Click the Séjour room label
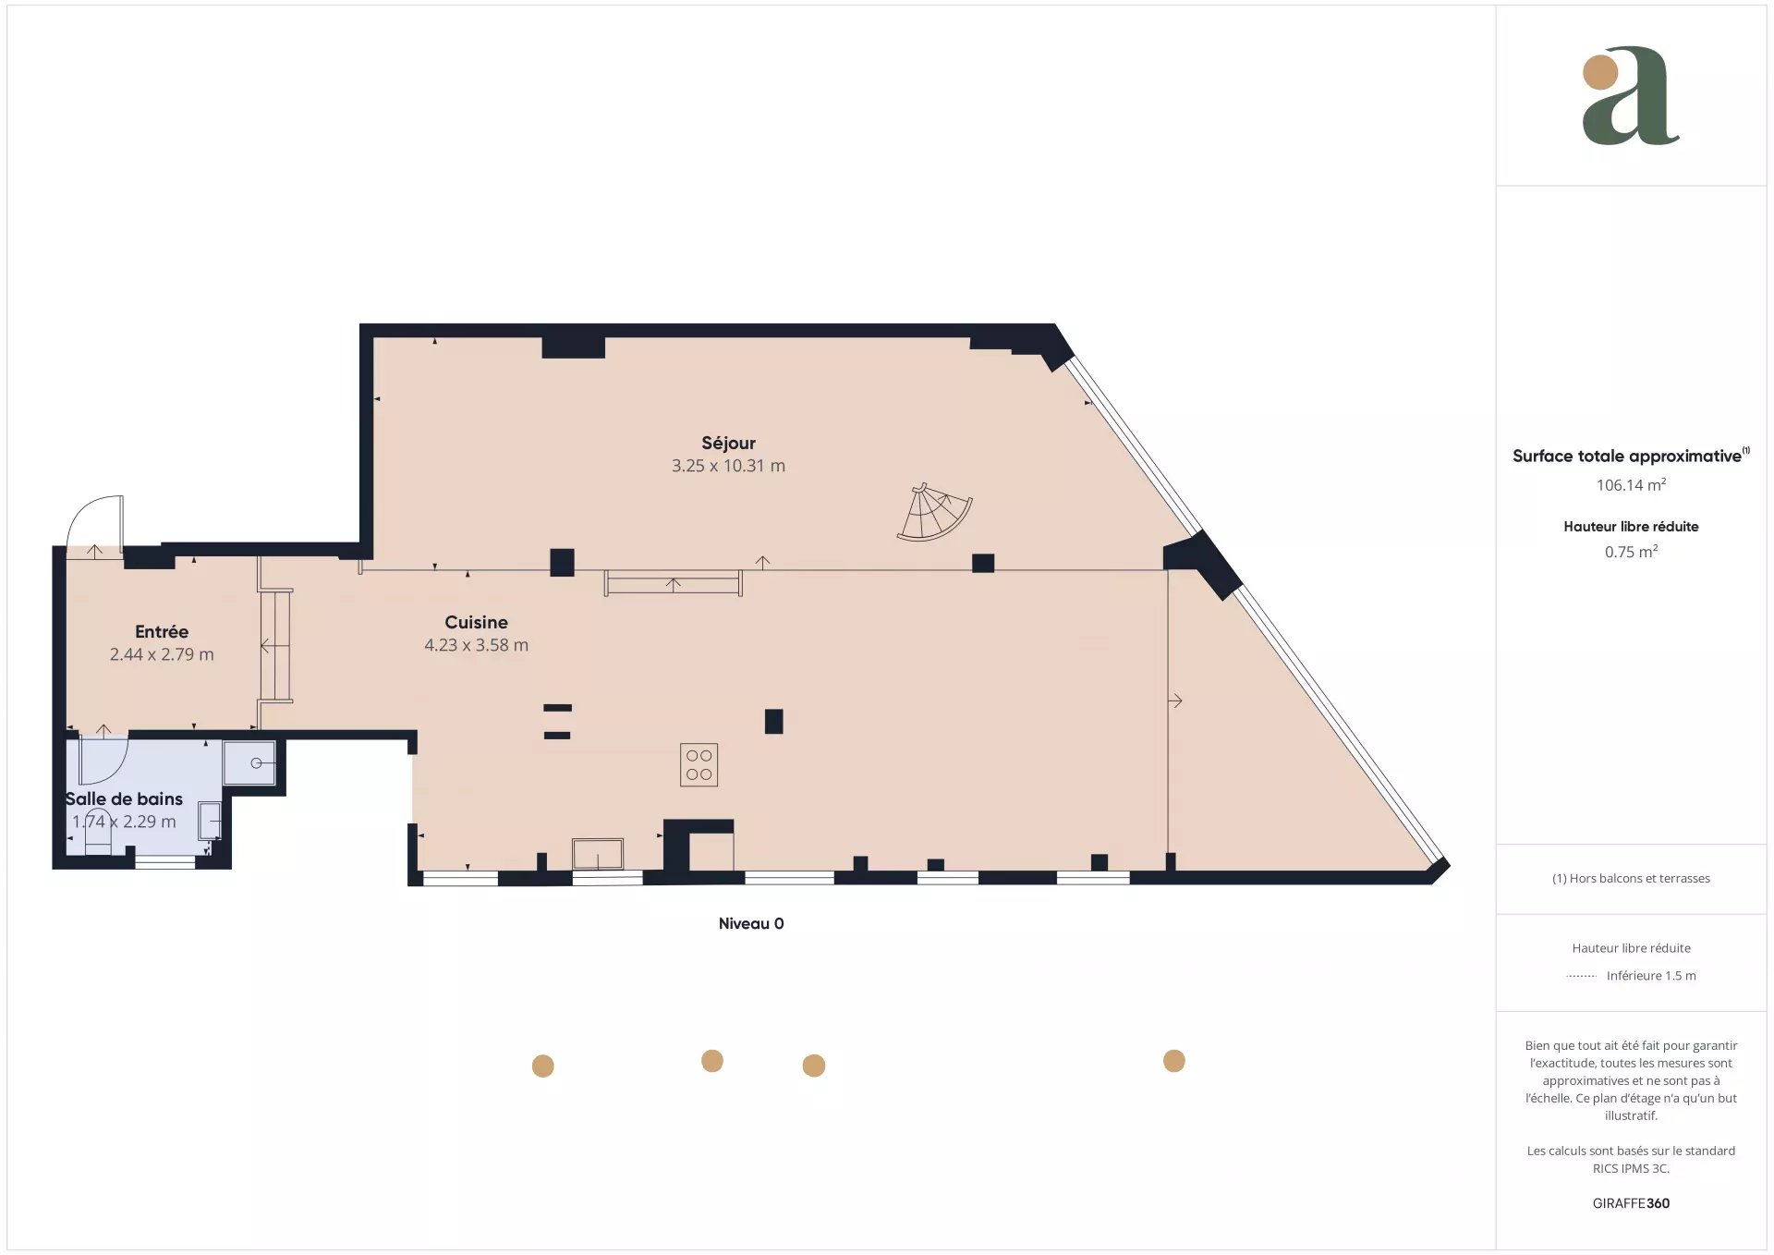[x=728, y=444]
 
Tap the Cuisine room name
[x=476, y=622]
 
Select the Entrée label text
[x=162, y=631]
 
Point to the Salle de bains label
[x=124, y=798]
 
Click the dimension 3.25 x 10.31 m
[x=728, y=466]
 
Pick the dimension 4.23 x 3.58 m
[x=476, y=645]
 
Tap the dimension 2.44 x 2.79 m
[x=162, y=654]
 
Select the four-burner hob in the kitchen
[x=699, y=765]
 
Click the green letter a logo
[x=1631, y=96]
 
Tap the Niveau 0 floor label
[x=751, y=923]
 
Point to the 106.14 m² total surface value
[x=1631, y=484]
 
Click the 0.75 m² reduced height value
[x=1631, y=552]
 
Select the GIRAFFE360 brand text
[x=1631, y=1203]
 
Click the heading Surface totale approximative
[x=1627, y=456]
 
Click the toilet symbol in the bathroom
[x=97, y=832]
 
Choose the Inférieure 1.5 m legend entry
[x=1651, y=975]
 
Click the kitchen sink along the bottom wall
[x=598, y=854]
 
